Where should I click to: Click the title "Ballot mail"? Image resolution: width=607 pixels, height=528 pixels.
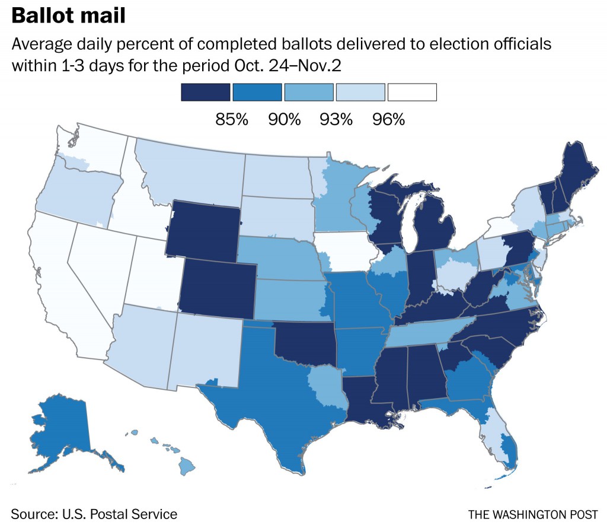click(68, 15)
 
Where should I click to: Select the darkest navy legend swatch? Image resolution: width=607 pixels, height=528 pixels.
click(205, 92)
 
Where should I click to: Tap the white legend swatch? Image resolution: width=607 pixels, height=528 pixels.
click(412, 92)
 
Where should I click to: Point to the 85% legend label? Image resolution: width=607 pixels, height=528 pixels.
click(231, 119)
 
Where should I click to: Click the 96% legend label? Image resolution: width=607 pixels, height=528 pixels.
click(388, 119)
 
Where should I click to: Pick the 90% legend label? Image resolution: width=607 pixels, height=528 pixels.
click(284, 119)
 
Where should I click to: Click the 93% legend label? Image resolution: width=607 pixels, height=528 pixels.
click(336, 119)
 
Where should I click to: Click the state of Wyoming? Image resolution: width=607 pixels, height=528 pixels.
click(203, 231)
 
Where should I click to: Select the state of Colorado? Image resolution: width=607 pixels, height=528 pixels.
click(218, 289)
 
